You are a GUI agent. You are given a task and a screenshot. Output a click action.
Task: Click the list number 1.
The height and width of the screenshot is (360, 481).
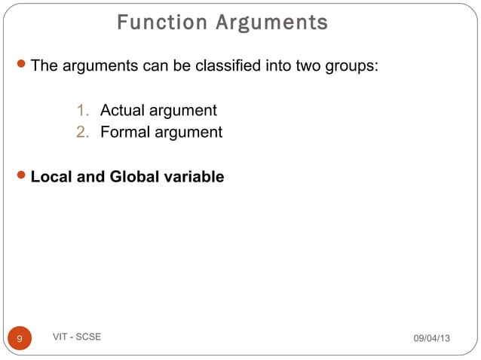tap(82, 111)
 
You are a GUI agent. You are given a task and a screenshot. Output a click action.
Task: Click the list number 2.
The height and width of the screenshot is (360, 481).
tap(82, 133)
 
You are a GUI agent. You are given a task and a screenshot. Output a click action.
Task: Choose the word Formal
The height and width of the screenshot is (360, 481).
tap(124, 133)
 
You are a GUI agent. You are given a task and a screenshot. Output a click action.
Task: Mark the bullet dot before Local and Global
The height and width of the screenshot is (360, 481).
tap(20, 177)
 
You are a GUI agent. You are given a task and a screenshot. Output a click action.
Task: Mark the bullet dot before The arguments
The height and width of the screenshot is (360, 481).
tap(20, 66)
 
